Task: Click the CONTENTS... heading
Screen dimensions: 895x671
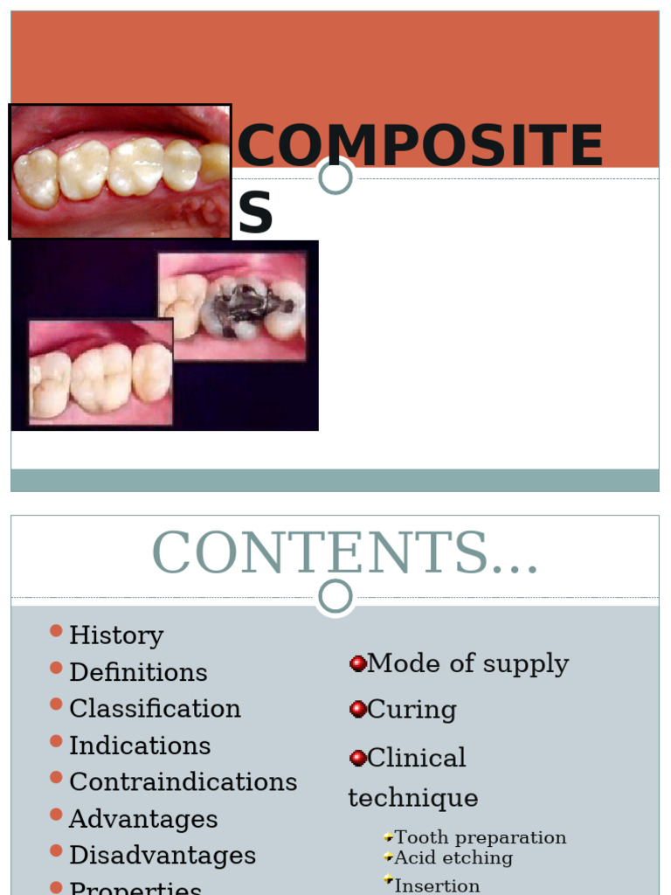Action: tap(344, 553)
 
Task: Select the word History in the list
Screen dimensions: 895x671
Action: tap(116, 635)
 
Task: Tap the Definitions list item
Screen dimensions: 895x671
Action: tap(138, 672)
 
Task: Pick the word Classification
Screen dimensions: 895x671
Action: tap(155, 709)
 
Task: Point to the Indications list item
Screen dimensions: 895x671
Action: tap(140, 746)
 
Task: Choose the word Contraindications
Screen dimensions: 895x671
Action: tap(183, 782)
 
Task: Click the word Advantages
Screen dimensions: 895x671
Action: tap(143, 819)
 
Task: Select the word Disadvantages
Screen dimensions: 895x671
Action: tap(163, 856)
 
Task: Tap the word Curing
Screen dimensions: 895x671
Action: tap(412, 710)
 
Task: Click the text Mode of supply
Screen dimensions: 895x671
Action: tap(467, 664)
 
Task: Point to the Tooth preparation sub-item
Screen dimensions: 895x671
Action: tap(480, 838)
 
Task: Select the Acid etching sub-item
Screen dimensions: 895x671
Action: tap(453, 858)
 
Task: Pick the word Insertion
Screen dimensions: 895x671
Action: tap(437, 885)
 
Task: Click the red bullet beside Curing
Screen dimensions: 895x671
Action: tap(357, 710)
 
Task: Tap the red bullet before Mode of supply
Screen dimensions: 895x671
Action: tap(357, 664)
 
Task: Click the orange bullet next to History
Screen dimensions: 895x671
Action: tap(56, 631)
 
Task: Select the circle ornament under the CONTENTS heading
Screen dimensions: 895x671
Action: tap(335, 597)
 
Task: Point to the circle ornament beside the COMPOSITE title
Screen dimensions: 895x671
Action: tap(335, 177)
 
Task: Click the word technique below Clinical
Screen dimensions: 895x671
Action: tap(412, 798)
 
